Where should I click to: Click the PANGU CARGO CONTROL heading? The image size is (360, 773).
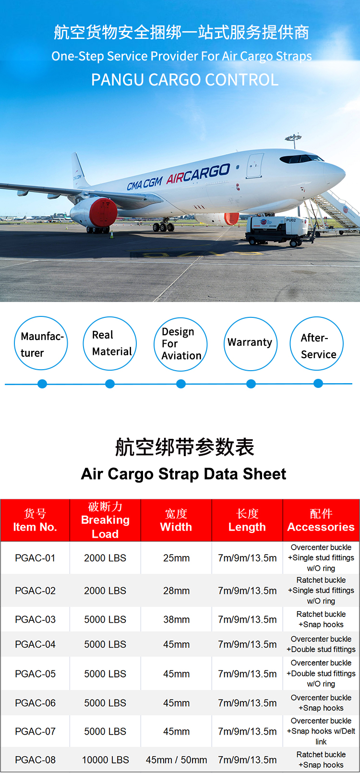click(185, 80)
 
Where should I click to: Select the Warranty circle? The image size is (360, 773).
click(250, 343)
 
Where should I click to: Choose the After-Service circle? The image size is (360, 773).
click(317, 344)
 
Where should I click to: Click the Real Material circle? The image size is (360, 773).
click(110, 343)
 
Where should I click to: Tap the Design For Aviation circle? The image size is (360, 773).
click(180, 344)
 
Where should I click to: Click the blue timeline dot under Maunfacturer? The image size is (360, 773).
click(42, 384)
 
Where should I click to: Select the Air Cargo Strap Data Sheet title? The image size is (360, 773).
click(183, 474)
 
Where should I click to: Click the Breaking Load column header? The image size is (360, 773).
click(105, 520)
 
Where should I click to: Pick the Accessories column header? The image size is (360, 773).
click(321, 520)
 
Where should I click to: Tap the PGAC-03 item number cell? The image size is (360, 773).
click(35, 619)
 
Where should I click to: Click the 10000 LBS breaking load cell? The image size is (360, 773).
click(105, 760)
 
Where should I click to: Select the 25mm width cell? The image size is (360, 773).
click(176, 558)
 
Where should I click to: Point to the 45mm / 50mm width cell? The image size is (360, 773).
click(176, 760)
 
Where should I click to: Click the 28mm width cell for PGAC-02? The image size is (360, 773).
click(176, 591)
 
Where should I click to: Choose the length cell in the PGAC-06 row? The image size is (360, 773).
click(247, 703)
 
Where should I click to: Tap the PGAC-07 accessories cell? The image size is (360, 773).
click(321, 731)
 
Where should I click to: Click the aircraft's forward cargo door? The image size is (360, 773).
click(255, 166)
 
